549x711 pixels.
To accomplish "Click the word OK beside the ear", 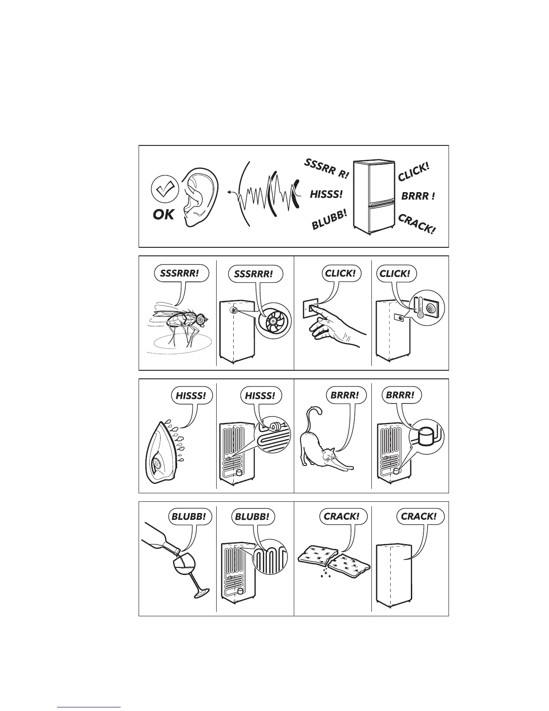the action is coord(163,215).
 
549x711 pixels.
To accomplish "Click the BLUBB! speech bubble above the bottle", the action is coord(188,517).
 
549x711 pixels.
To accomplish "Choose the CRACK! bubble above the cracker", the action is coord(342,517).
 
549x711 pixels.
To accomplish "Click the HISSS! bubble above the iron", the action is coord(191,395).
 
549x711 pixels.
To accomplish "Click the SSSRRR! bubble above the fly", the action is coord(181,273).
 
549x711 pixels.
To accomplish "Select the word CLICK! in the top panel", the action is coord(414,171).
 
